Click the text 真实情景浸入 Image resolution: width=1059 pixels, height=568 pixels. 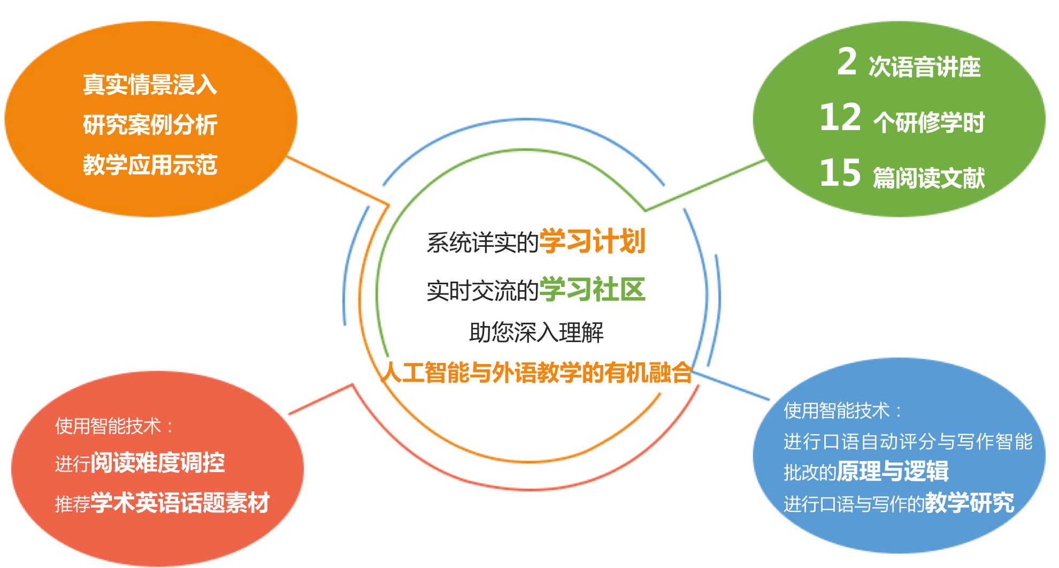(150, 85)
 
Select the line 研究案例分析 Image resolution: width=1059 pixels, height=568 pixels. (150, 125)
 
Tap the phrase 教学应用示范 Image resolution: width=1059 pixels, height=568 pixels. (150, 165)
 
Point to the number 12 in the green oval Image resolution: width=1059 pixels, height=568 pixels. (840, 117)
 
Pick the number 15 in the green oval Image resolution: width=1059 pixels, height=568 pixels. (840, 173)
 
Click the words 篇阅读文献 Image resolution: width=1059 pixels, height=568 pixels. (929, 178)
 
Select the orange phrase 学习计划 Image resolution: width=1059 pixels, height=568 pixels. (593, 241)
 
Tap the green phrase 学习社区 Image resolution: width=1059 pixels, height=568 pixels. (593, 289)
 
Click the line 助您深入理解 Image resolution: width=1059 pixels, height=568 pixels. (536, 332)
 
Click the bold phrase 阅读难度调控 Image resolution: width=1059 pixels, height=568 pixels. (158, 463)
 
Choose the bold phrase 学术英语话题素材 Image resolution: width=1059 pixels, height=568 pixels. (180, 503)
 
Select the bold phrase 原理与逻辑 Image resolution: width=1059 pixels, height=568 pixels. (893, 472)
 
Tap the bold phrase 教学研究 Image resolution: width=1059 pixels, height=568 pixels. (970, 503)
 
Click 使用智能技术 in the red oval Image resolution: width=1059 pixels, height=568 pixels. (108, 426)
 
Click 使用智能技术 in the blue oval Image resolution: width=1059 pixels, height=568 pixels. (837, 411)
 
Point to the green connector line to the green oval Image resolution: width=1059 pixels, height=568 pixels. (705, 185)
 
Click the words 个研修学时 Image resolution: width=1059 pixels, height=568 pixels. (929, 122)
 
